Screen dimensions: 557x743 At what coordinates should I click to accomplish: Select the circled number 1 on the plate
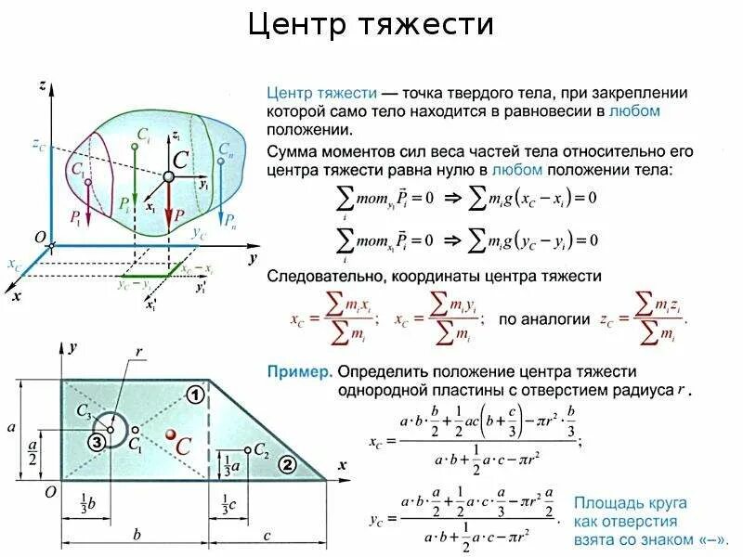[195, 395]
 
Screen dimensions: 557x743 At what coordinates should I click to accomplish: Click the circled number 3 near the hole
[97, 443]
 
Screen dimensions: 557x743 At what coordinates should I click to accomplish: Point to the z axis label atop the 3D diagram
[43, 86]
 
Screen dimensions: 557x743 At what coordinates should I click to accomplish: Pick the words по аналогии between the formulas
[544, 318]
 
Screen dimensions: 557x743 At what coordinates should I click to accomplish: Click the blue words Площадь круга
[630, 503]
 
